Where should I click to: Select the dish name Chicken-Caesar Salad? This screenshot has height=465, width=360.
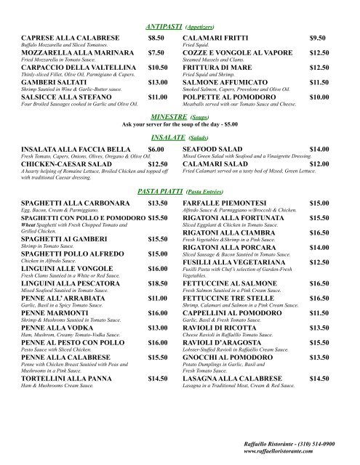click(x=63, y=163)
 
